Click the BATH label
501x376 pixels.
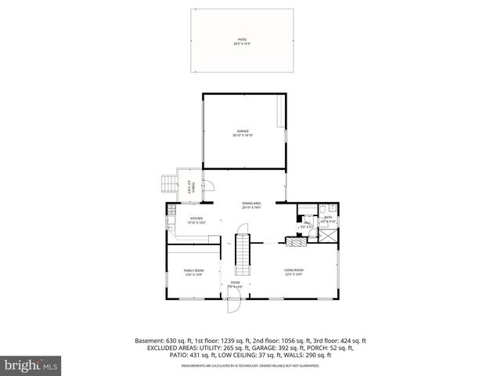tap(328, 219)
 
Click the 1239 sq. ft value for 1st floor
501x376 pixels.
tap(232, 341)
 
